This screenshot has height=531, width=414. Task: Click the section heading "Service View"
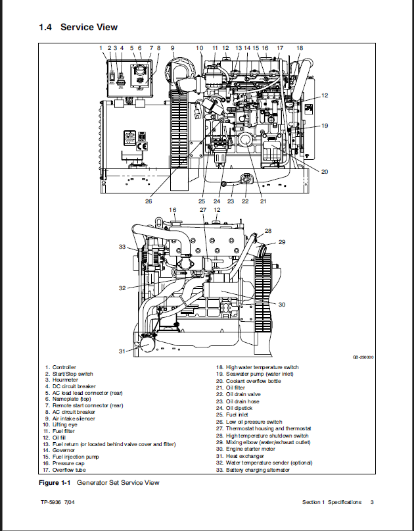click(x=89, y=27)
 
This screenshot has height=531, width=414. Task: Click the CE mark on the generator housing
click(x=142, y=146)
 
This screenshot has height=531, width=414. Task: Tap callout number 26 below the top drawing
click(x=149, y=201)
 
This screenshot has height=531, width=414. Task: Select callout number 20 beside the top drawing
click(x=325, y=172)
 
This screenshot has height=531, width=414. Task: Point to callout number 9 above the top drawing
click(x=172, y=48)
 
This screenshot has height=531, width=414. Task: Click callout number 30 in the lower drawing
click(x=282, y=305)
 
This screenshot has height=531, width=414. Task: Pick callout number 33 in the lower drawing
click(x=122, y=247)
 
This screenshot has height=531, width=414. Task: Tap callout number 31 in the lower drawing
click(x=122, y=351)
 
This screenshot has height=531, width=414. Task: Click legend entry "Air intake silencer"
click(x=74, y=418)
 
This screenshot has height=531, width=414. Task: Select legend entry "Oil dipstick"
click(x=239, y=408)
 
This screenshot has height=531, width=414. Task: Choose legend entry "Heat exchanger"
click(x=245, y=456)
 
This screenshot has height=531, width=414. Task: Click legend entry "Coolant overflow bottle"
click(x=254, y=381)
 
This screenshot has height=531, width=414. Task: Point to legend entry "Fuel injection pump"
click(x=76, y=457)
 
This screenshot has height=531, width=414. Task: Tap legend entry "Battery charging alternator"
click(x=258, y=470)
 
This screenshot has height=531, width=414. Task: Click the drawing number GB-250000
click(x=363, y=357)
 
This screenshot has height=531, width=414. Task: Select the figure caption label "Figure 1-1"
click(x=55, y=483)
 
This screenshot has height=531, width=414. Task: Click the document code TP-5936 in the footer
click(x=51, y=502)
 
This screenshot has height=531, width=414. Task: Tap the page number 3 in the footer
click(x=372, y=502)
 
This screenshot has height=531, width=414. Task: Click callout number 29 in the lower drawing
click(x=282, y=242)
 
